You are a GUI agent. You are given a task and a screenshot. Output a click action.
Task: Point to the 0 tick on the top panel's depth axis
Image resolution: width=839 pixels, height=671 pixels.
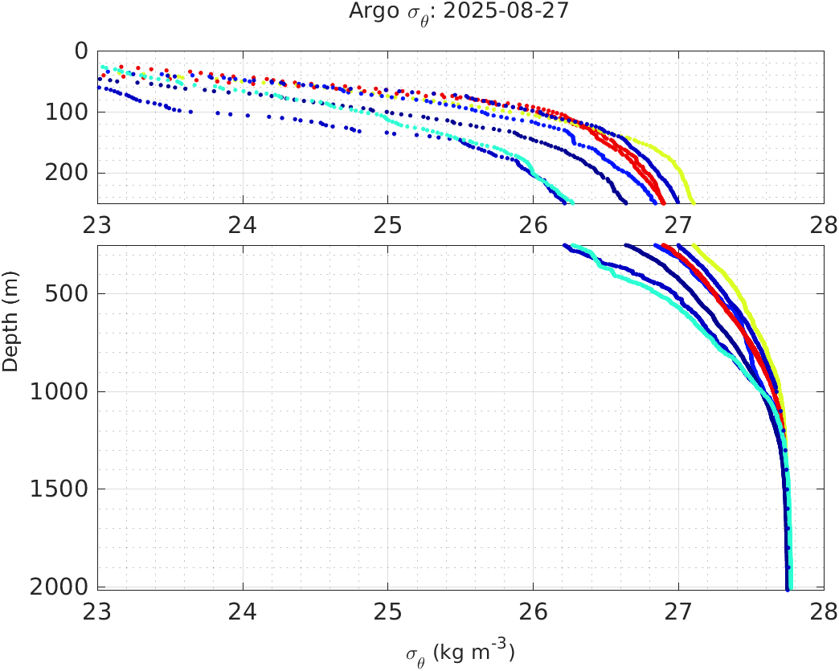[x=81, y=51]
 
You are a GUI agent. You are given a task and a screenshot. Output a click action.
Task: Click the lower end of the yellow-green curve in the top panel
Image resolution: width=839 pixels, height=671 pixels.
[x=694, y=202]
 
